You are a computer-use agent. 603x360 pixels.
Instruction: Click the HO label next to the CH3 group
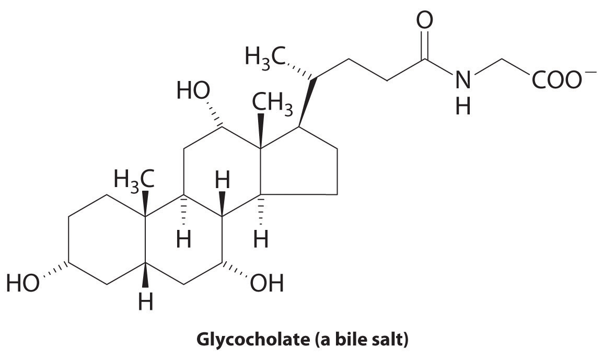tap(193, 92)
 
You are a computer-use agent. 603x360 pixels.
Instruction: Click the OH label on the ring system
tap(267, 284)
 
